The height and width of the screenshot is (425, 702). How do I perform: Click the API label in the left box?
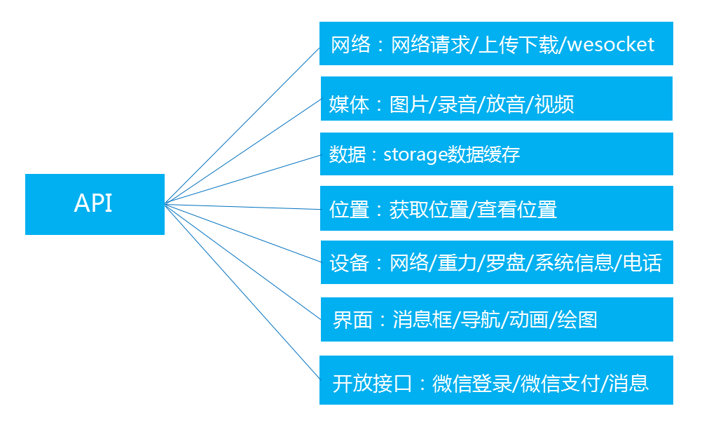[93, 203]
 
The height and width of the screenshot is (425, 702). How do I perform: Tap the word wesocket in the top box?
[610, 45]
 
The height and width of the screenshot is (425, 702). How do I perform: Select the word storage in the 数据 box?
[415, 154]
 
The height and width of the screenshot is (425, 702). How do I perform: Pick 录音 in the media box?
[457, 105]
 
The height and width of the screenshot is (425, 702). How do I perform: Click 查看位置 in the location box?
[517, 209]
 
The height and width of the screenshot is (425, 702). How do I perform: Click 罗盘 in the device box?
[505, 264]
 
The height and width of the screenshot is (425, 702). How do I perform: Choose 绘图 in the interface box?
[577, 320]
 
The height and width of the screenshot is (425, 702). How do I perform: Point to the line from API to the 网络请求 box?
[242, 123]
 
